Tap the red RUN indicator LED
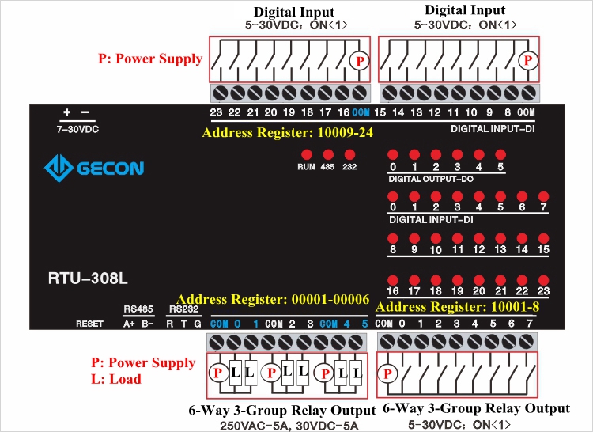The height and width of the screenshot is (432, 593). pyautogui.click(x=305, y=154)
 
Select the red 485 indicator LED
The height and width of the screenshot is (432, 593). pyautogui.click(x=327, y=154)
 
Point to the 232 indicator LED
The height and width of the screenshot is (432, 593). pyautogui.click(x=349, y=154)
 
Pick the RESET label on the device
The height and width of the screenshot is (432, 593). pyautogui.click(x=89, y=324)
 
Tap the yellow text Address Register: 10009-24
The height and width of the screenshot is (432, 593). pyautogui.click(x=287, y=133)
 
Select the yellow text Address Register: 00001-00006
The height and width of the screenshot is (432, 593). pyautogui.click(x=273, y=300)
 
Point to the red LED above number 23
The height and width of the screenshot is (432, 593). pyautogui.click(x=543, y=279)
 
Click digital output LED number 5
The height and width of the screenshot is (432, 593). pyautogui.click(x=500, y=155)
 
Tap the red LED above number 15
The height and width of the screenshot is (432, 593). pyautogui.click(x=543, y=237)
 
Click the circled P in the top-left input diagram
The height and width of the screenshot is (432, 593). pyautogui.click(x=360, y=60)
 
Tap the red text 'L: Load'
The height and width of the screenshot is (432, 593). pyautogui.click(x=116, y=379)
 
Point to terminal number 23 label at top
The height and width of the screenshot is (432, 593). pyautogui.click(x=216, y=113)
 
